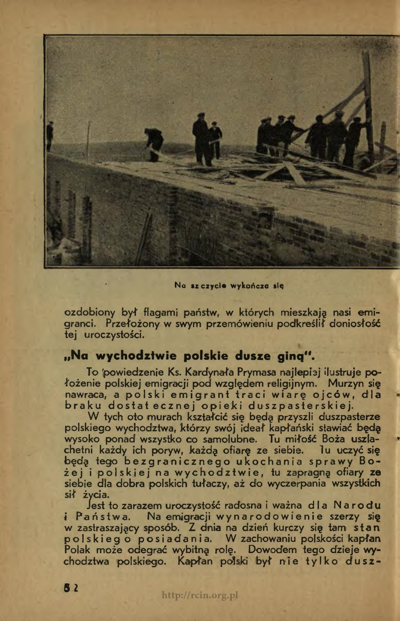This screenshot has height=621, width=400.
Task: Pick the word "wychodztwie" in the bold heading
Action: pyautogui.click(x=137, y=355)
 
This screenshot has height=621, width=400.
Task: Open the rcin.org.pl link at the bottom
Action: pyautogui.click(x=200, y=596)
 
